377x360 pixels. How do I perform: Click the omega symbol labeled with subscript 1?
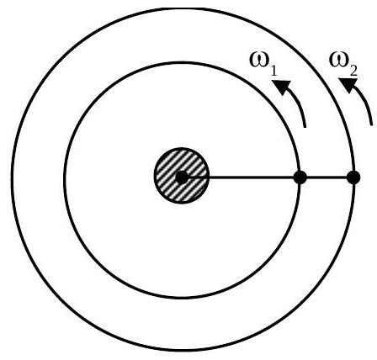(x=259, y=60)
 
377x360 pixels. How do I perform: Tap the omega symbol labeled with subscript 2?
(x=339, y=60)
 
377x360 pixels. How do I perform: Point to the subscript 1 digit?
(x=273, y=71)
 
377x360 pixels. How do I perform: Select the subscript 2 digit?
(x=353, y=71)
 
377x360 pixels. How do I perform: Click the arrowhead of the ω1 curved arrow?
(x=281, y=87)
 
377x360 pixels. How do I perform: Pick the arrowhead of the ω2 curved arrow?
(x=348, y=85)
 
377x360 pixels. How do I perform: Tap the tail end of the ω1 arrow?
(x=305, y=127)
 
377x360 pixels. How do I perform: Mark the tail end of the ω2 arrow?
(x=372, y=124)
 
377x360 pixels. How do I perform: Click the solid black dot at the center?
(x=182, y=177)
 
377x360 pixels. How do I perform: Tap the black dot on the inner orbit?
(x=300, y=177)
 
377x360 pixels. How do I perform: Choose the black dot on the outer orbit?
(x=353, y=177)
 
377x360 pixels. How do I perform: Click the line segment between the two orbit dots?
(x=327, y=177)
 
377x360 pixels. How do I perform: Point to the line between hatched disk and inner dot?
(x=252, y=177)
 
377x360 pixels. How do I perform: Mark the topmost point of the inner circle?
(x=182, y=63)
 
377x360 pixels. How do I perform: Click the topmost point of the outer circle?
(x=183, y=9)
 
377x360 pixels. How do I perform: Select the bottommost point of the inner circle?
(x=182, y=298)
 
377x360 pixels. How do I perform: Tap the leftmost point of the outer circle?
(x=13, y=179)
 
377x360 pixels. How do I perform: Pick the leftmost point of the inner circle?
(x=65, y=179)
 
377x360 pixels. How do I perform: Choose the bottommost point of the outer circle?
(x=183, y=350)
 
